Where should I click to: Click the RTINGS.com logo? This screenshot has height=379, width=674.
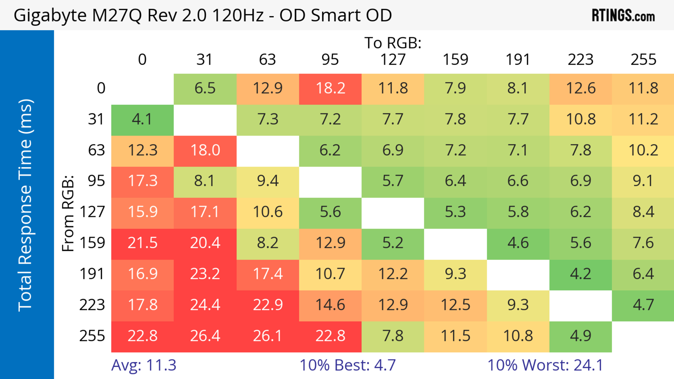(x=623, y=15)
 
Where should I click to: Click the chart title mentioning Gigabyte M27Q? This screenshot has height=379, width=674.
(x=203, y=15)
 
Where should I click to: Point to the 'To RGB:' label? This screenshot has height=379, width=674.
(x=393, y=43)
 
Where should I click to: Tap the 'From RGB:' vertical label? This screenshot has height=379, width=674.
(x=68, y=213)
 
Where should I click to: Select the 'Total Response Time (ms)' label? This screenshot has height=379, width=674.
(x=26, y=205)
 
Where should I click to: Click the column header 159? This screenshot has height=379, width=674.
(x=455, y=60)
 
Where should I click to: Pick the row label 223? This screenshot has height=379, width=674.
(x=92, y=305)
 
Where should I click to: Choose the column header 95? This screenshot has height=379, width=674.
(x=330, y=60)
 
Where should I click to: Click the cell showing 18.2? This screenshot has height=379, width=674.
(x=330, y=88)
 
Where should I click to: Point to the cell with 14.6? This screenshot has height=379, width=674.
(x=330, y=305)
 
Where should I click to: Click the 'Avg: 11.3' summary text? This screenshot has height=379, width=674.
(x=144, y=365)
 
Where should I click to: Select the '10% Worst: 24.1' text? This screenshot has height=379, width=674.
(x=545, y=365)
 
